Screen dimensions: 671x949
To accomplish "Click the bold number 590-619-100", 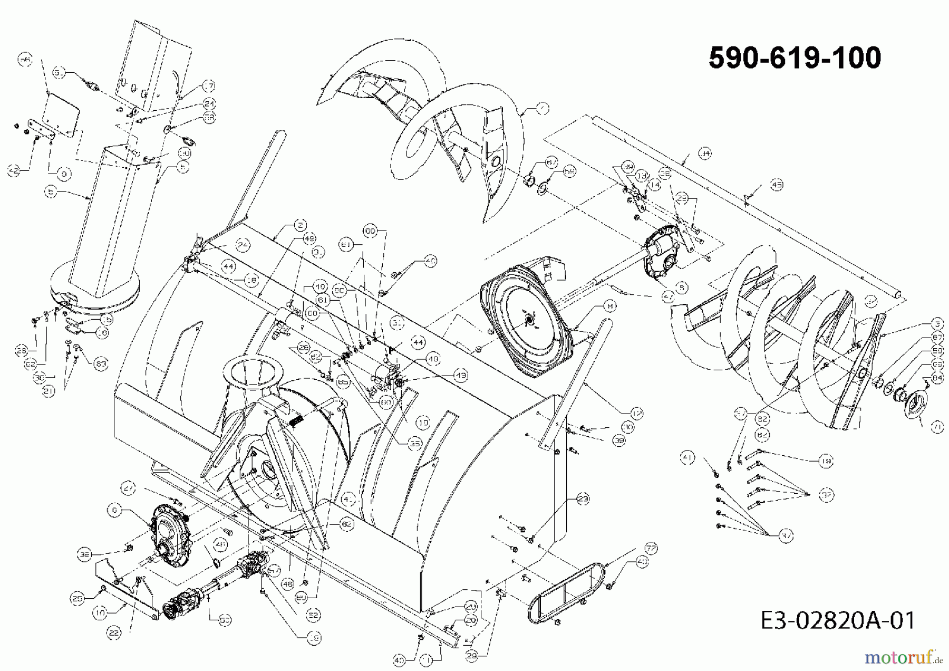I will (795, 57).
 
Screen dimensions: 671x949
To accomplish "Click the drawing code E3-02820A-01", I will (838, 620).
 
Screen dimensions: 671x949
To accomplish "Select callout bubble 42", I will (14, 170).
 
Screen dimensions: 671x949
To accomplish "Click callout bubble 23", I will (583, 499).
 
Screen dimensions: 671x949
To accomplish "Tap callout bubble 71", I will (936, 428).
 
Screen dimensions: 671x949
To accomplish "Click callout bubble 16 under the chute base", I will (104, 332).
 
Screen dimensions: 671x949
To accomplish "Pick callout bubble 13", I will (641, 175).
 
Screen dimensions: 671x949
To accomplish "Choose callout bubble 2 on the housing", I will (300, 226).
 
